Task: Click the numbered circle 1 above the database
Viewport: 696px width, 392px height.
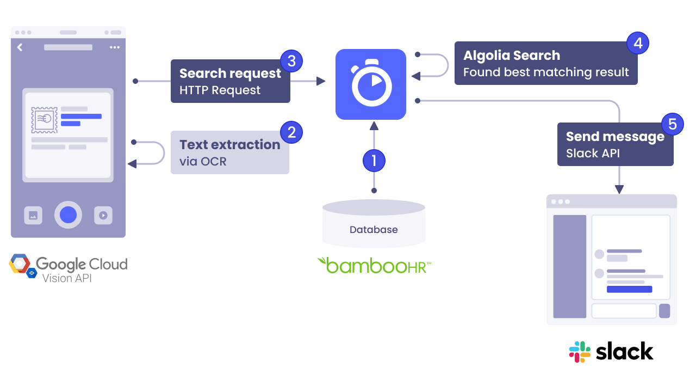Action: coord(374,160)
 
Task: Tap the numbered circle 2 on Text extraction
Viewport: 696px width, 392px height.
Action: coord(291,132)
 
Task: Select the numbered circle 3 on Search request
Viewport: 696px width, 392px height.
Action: coord(291,61)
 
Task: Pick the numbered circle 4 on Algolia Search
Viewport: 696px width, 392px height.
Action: coord(638,43)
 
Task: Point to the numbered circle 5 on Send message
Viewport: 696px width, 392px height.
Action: coord(673,124)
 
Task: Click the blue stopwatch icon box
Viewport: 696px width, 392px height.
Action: coord(371,84)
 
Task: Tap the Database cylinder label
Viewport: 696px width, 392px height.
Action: coord(374,230)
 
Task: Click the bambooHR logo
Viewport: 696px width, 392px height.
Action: coord(374,265)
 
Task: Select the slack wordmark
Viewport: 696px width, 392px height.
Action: coord(624,352)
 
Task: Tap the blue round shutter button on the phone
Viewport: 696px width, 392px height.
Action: coord(68,215)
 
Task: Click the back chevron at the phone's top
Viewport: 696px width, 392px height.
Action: coord(20,47)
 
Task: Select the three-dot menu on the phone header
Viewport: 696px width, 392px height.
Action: coord(114,47)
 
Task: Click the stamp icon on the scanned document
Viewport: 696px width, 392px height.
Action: coord(44,120)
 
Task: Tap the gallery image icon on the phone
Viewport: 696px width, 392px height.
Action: coord(33,215)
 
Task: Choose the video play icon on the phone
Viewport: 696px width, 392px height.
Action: coord(103,215)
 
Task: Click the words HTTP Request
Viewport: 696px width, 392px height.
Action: coord(220,90)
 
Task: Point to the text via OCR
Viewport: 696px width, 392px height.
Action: coord(203,162)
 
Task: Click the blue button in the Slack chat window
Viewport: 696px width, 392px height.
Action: coord(629,289)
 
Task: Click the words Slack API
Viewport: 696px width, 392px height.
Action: coord(593,154)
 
